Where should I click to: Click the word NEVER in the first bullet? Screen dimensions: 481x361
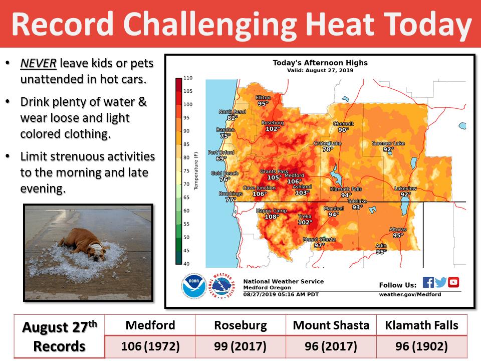coord(39,63)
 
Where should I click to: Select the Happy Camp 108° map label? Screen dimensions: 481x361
coord(272,214)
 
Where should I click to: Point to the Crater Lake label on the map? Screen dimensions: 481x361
coord(327,143)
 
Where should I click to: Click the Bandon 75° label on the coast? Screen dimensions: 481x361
coord(225,132)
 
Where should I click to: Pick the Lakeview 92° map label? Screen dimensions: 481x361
coord(405,191)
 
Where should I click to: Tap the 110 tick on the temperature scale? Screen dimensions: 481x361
coord(188,78)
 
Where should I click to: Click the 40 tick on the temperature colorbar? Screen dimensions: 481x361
coord(186,264)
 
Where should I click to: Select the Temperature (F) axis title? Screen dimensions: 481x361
coord(196,171)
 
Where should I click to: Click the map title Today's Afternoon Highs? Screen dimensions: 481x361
coord(320,63)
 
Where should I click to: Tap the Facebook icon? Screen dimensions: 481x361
coord(428,282)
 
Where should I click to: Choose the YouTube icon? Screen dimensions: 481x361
coord(453,282)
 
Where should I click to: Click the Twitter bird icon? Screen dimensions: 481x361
coord(440,282)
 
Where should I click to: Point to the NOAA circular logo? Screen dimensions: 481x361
coord(193,286)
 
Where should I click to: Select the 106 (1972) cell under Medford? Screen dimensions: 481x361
coord(150,346)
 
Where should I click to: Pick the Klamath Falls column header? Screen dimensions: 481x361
coord(421,325)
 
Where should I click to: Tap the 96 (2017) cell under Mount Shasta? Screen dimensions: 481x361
coord(331,346)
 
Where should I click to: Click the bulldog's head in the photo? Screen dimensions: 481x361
coord(95,251)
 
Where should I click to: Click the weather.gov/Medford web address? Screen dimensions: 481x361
coord(410,294)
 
